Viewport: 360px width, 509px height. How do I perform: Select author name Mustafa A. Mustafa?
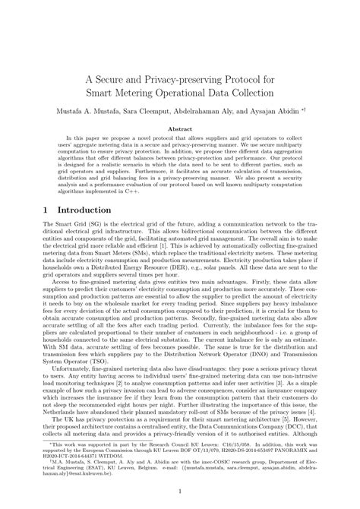(x=78, y=111)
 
